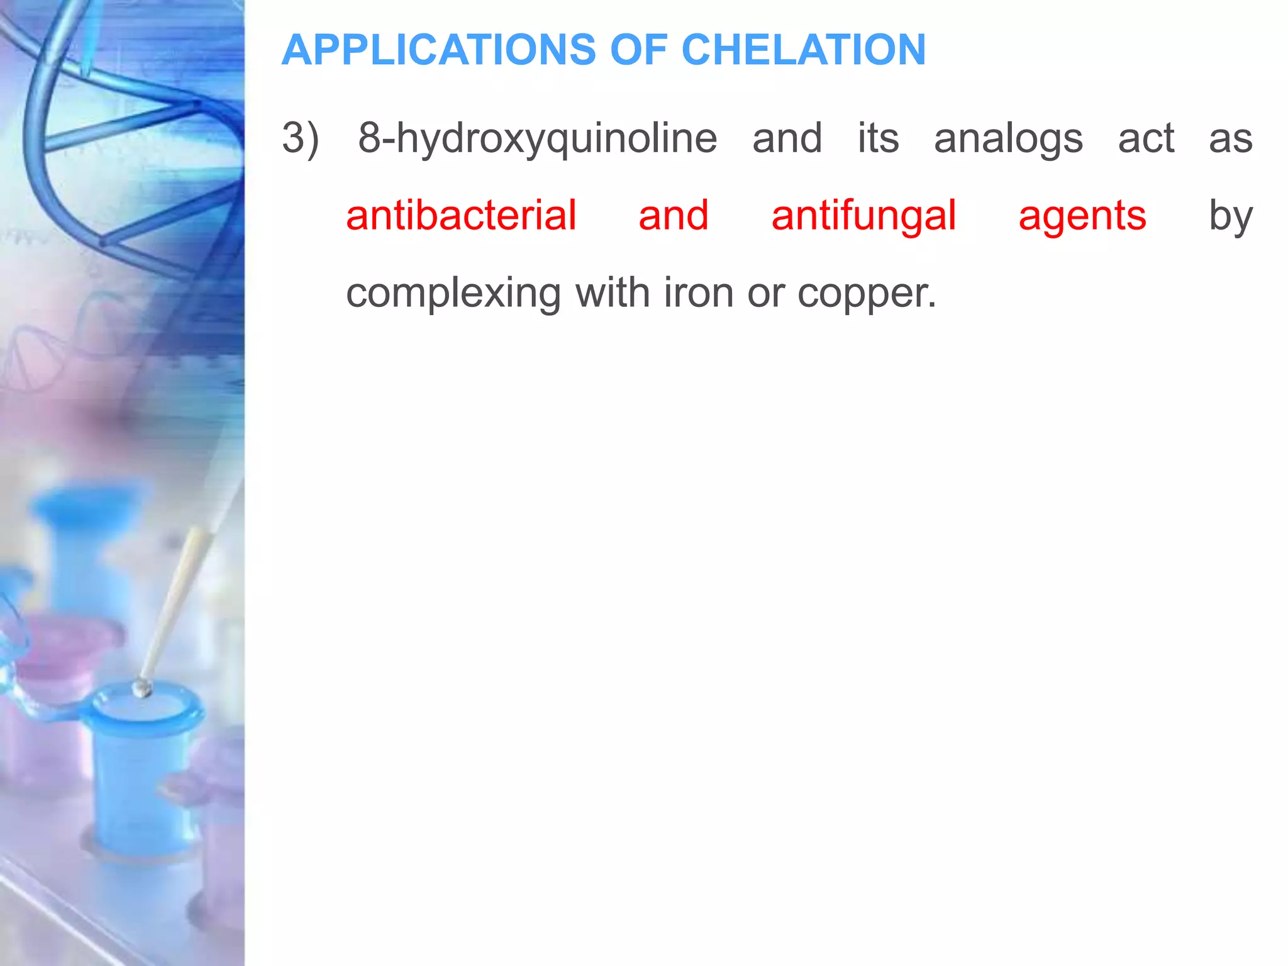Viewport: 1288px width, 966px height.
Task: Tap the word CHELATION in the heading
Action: coord(803,50)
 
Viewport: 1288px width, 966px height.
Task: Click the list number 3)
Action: coord(301,138)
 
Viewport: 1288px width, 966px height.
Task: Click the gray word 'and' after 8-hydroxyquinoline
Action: coord(787,138)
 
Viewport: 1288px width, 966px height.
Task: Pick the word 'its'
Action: coord(879,138)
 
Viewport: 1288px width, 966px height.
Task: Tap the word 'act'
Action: coord(1146,139)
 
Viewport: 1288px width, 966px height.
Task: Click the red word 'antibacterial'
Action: coord(461,216)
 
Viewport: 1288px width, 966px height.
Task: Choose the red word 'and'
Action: coord(674,216)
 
